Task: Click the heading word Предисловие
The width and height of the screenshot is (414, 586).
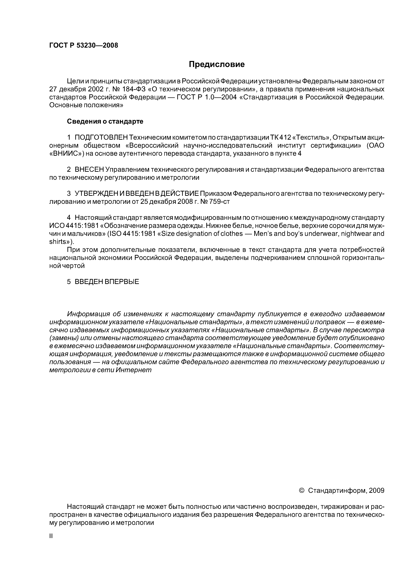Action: pyautogui.click(x=217, y=64)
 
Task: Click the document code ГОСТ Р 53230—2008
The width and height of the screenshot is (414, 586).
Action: pyautogui.click(x=84, y=45)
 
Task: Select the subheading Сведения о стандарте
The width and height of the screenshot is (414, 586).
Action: pyautogui.click(x=105, y=121)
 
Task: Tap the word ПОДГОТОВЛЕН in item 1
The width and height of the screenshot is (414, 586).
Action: pyautogui.click(x=101, y=137)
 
